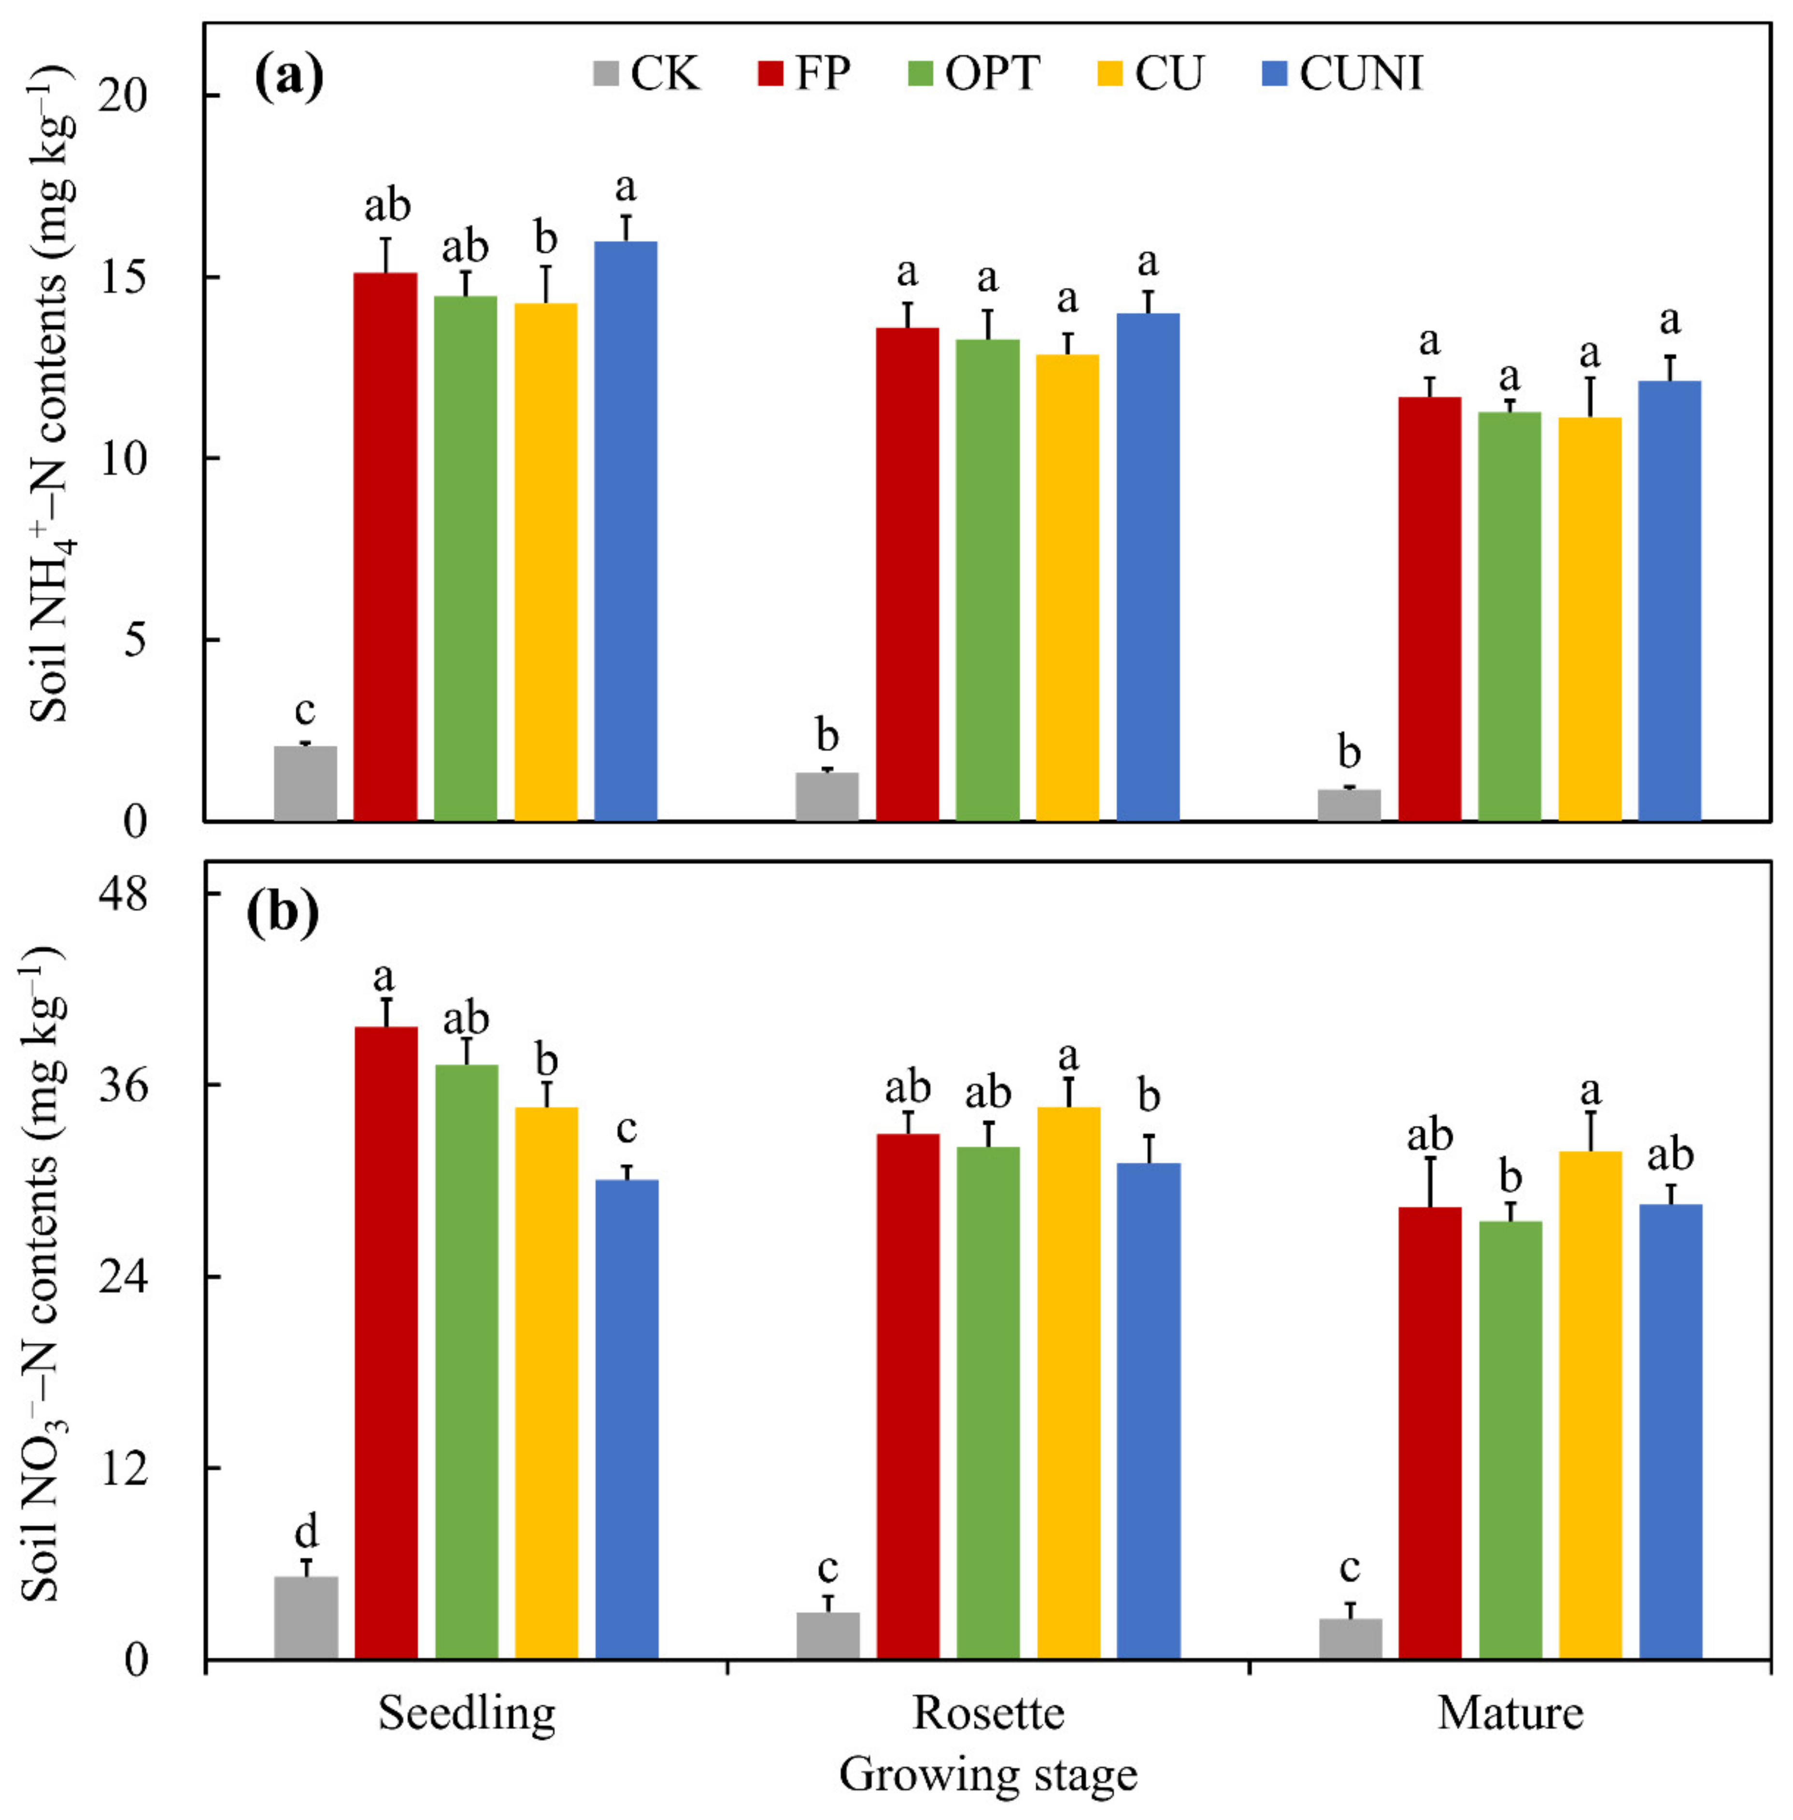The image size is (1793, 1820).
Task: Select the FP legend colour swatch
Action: tap(770, 73)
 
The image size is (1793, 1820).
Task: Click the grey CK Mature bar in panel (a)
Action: tap(1349, 805)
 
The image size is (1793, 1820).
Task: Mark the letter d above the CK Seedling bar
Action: tap(306, 1532)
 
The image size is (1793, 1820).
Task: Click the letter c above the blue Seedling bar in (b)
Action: tap(626, 1128)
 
